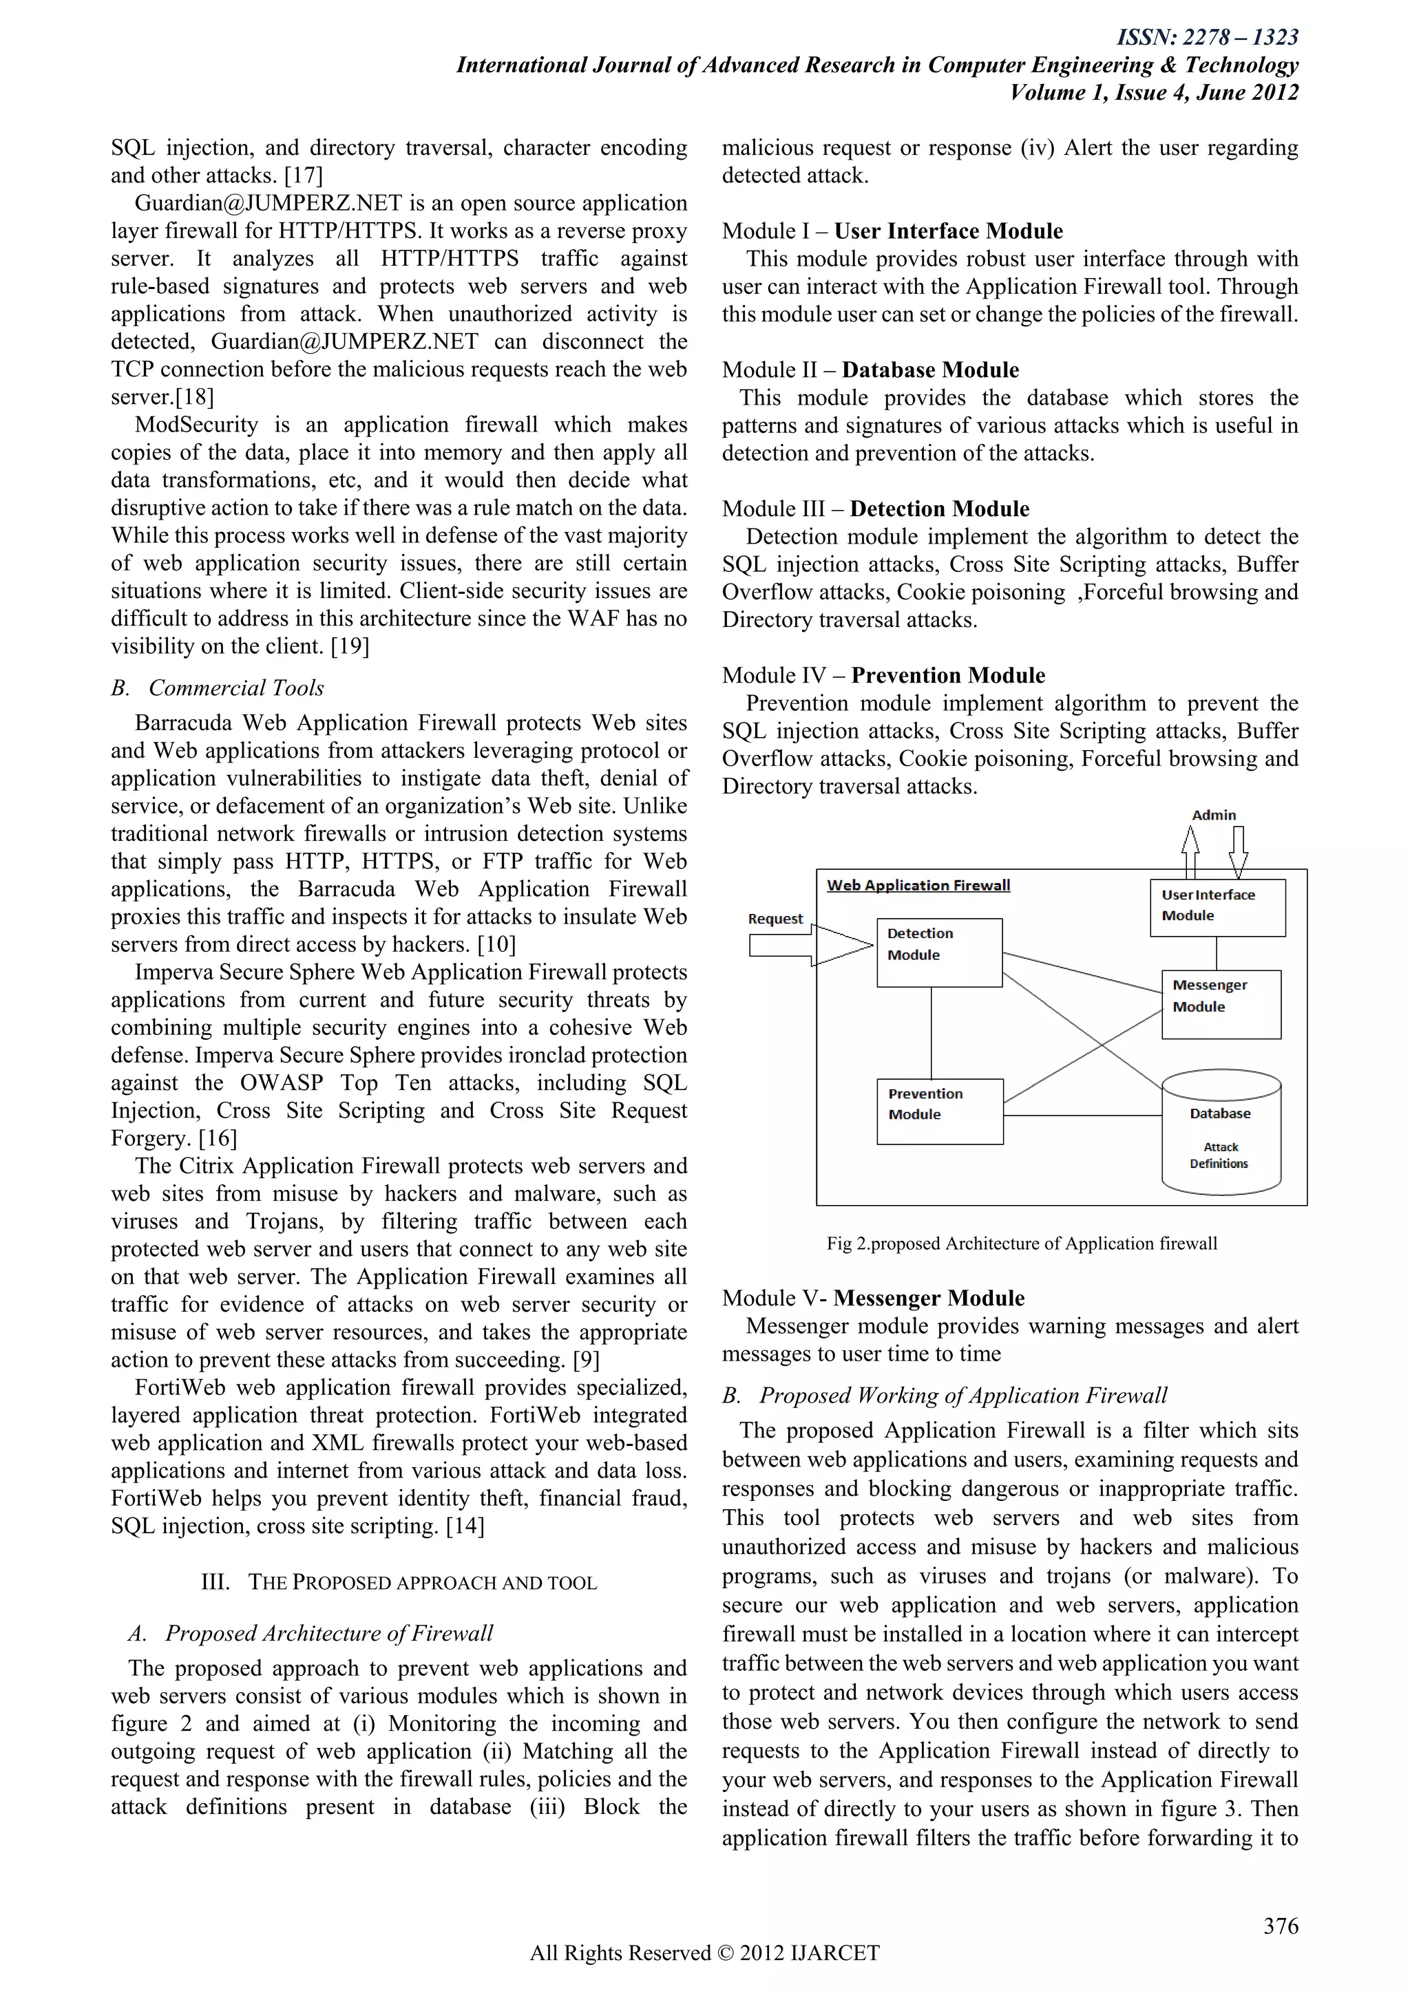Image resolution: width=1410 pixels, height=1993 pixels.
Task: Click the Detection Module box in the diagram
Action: click(x=939, y=952)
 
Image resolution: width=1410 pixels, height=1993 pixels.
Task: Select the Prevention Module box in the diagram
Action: click(x=939, y=1111)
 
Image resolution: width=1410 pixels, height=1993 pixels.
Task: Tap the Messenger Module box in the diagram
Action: click(x=1221, y=1004)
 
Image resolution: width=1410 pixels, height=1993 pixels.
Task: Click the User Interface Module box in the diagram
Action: click(x=1217, y=907)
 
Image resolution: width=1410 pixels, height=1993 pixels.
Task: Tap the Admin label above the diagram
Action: click(x=1214, y=815)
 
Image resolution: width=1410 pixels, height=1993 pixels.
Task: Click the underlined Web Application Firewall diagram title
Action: click(x=918, y=886)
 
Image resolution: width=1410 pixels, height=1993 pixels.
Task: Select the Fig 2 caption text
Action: click(x=1021, y=1243)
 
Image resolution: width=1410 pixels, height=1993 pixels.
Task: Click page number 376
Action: click(x=1280, y=1926)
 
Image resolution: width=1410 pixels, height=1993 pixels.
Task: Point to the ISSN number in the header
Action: click(x=1207, y=37)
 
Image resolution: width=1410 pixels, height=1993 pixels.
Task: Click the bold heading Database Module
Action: click(x=930, y=370)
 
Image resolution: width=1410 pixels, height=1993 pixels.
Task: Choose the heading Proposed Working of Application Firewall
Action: click(x=962, y=1395)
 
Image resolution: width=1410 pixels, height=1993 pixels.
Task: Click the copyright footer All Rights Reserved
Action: click(x=704, y=1953)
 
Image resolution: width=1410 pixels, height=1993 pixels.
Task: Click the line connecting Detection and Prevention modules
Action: click(x=932, y=1033)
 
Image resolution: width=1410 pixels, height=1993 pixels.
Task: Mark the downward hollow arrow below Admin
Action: click(x=1238, y=851)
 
